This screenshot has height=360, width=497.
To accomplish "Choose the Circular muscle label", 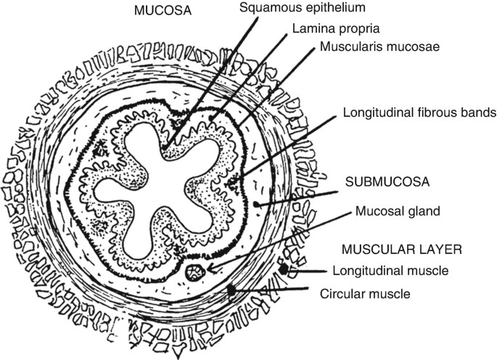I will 366,294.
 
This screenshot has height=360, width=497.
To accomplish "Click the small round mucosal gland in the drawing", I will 194,274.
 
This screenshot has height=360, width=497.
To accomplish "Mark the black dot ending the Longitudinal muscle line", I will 284,269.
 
